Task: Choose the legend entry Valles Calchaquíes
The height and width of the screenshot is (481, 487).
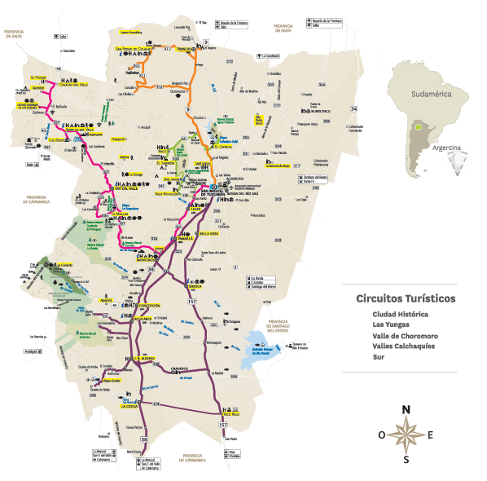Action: (x=404, y=345)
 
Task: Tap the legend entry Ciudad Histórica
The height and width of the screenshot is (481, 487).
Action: (x=401, y=313)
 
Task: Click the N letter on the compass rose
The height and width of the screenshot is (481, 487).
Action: (x=406, y=409)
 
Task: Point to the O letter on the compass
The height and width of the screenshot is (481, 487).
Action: (x=382, y=435)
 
